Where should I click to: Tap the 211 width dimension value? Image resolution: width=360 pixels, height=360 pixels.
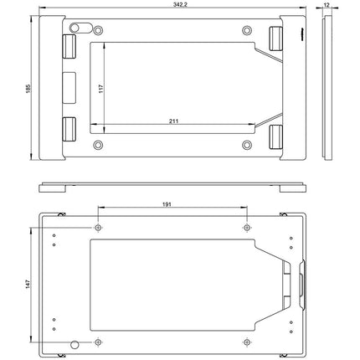173,122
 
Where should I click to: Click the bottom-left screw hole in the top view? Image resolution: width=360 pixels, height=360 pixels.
100,146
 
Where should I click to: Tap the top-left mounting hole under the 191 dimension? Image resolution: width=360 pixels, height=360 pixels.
98,228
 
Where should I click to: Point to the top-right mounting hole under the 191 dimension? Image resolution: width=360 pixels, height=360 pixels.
247,228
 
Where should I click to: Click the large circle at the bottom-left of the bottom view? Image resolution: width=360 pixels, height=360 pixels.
76,345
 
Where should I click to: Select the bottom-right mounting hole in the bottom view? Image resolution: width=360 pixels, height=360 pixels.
247,342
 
